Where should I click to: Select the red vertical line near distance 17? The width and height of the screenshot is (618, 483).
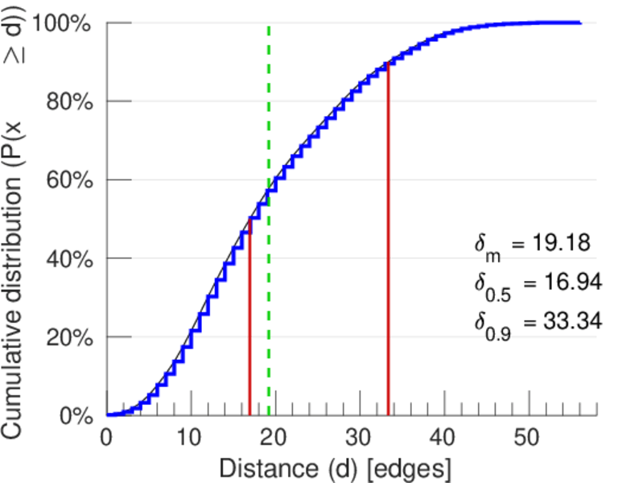(x=249, y=322)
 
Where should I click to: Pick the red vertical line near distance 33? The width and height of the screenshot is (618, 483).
(x=388, y=242)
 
